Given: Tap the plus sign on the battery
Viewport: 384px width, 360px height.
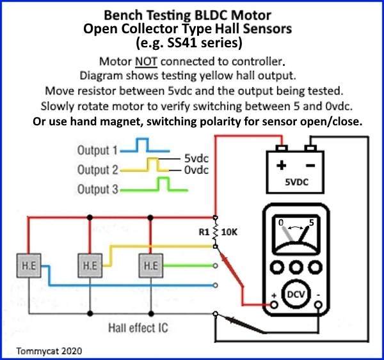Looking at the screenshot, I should coord(281,164).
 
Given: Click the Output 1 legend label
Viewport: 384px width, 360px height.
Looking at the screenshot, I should coord(97,152).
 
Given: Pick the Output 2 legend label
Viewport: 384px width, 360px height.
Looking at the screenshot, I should coord(97,170).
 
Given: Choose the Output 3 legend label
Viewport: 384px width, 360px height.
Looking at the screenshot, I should coord(97,189).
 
